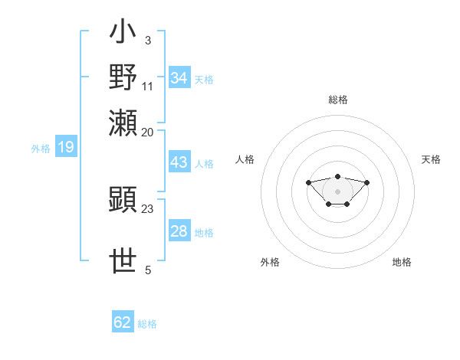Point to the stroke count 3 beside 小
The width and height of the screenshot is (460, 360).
coord(147,40)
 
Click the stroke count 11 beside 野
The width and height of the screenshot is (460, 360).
coord(148,85)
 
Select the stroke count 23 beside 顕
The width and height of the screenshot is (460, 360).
coord(148,208)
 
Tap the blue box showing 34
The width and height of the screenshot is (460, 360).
coord(179,78)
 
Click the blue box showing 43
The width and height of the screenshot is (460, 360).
coord(179,162)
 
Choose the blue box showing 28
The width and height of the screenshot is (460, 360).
coord(179,231)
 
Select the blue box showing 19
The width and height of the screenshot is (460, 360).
coord(65,147)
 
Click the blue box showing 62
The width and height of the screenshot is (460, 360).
coord(123,322)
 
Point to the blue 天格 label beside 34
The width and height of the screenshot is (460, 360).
coord(204,80)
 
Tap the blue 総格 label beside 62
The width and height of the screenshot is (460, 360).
coord(148,324)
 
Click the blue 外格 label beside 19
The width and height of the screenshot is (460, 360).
coord(41,149)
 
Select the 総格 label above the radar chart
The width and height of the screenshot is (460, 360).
coord(337,100)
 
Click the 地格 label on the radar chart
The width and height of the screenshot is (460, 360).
coord(402,262)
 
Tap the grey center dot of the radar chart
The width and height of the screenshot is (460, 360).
coord(337,191)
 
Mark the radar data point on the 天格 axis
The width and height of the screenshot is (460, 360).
coord(367,182)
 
